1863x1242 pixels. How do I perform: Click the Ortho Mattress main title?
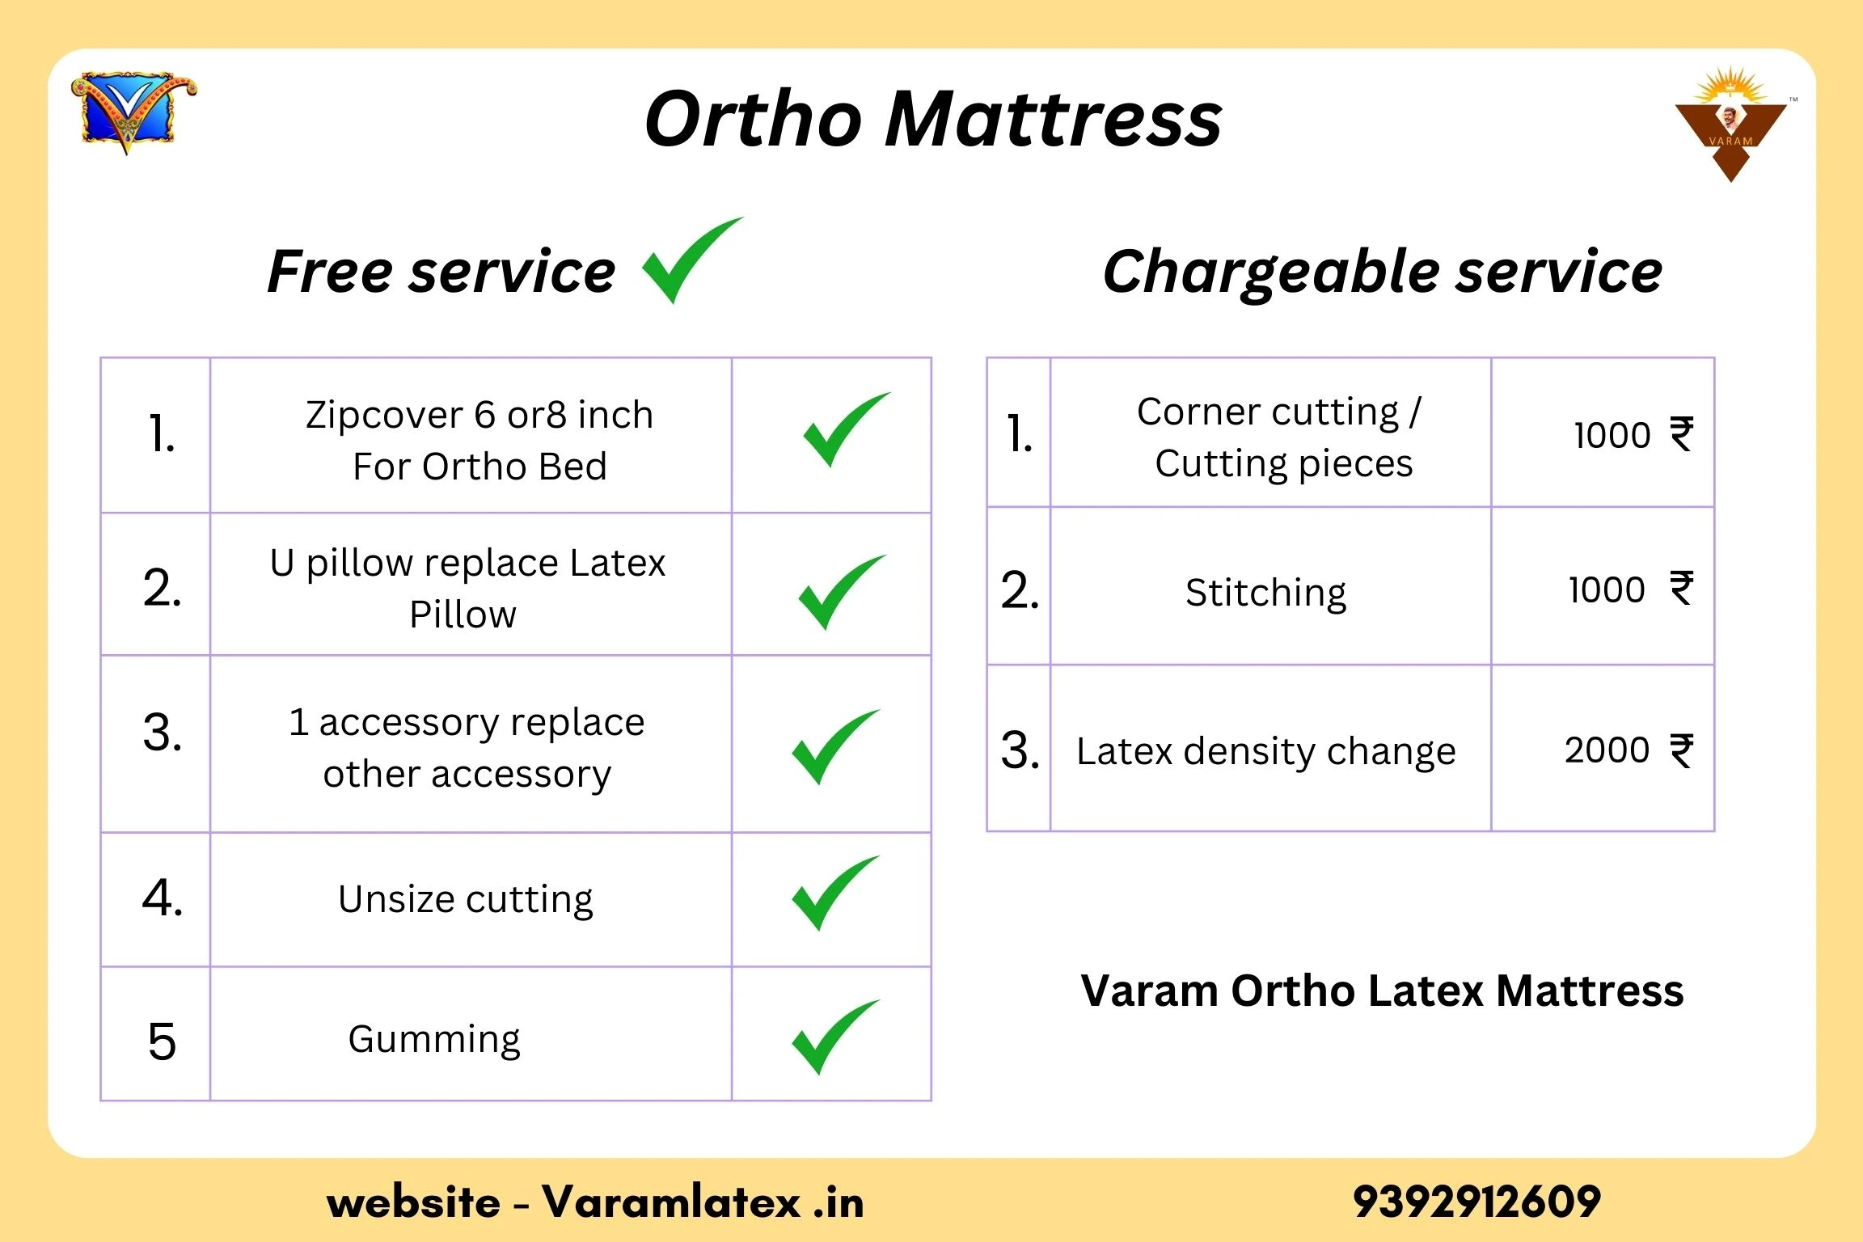[x=933, y=119]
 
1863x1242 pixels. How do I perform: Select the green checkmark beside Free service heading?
[x=692, y=260]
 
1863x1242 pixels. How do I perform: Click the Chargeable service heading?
[x=1382, y=272]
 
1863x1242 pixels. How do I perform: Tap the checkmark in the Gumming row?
[x=835, y=1037]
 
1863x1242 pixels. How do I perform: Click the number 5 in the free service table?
[x=162, y=1041]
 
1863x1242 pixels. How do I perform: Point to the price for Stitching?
[x=1631, y=589]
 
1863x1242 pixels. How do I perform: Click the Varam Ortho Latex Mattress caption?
[x=1383, y=991]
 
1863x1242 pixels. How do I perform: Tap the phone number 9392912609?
[x=1476, y=1202]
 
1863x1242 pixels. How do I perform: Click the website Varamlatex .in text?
[x=595, y=1202]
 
